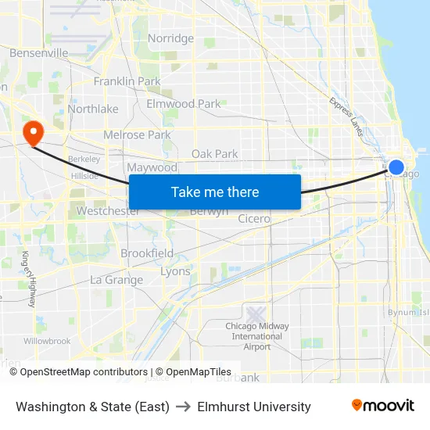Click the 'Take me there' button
tap(215, 192)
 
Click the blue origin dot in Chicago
tap(396, 167)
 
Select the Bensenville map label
tap(39, 53)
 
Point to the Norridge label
tap(170, 38)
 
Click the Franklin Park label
tap(127, 81)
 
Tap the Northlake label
tap(93, 109)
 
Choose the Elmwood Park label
tap(184, 103)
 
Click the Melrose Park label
tap(137, 134)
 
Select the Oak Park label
tap(215, 154)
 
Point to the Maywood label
tap(152, 167)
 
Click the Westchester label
tap(109, 211)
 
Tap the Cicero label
tap(254, 219)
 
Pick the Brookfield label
tap(147, 253)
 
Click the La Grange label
tap(116, 280)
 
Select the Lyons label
tap(175, 272)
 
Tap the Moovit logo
tap(382, 406)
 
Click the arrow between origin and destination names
tap(183, 407)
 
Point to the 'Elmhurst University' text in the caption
tap(254, 407)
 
